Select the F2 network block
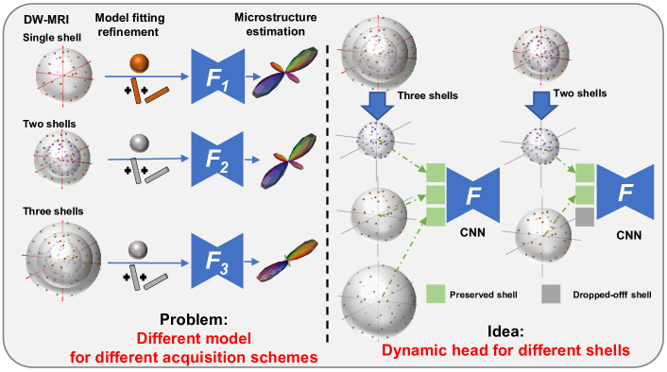click(x=217, y=154)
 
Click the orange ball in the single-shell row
click(x=139, y=63)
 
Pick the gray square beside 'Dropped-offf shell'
click(x=551, y=294)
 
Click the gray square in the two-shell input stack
click(x=585, y=218)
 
